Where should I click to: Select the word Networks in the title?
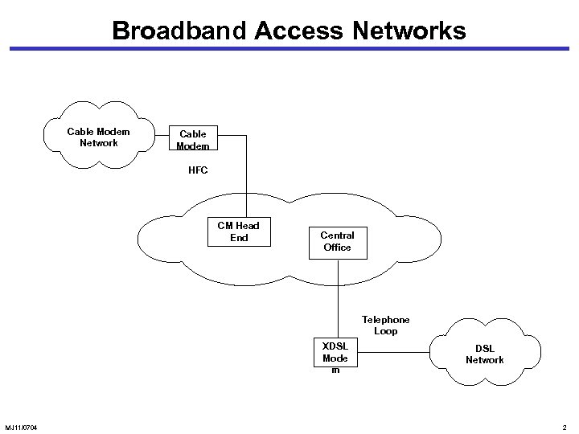click(x=402, y=31)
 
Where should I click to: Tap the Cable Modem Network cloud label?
click(x=99, y=137)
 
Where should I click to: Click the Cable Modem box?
click(x=193, y=140)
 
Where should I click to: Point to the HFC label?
click(x=198, y=170)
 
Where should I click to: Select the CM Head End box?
click(x=239, y=231)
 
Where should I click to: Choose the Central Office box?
click(x=338, y=241)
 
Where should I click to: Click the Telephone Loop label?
click(x=385, y=325)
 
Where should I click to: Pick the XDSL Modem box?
click(x=335, y=358)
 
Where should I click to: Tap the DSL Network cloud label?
click(x=485, y=354)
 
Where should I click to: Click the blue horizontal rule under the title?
click(x=289, y=49)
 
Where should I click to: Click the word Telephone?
click(x=385, y=320)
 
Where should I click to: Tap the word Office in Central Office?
click(x=338, y=248)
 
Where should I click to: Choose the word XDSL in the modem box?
click(x=335, y=346)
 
